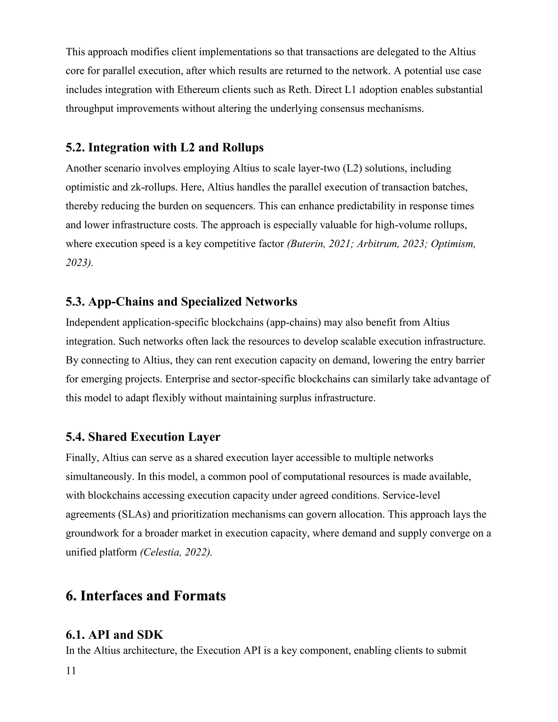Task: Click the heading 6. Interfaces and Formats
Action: (145, 596)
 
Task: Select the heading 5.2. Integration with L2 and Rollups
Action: (164, 147)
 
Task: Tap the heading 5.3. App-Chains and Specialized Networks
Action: (181, 302)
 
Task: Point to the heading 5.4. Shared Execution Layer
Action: (143, 437)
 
